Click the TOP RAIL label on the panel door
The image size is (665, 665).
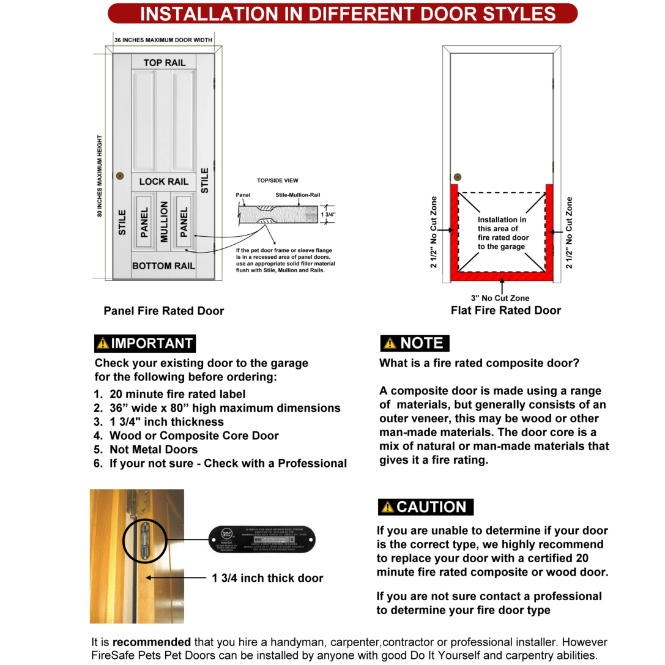164,62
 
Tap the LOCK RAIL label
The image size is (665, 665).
163,182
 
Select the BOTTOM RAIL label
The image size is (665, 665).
163,266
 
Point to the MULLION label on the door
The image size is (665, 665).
164,222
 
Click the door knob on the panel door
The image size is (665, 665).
120,175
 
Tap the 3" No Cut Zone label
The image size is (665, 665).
500,298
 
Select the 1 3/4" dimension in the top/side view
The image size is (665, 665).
329,215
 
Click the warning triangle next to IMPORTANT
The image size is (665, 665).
103,344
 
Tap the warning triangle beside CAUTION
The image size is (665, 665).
387,507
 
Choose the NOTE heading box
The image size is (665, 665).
414,343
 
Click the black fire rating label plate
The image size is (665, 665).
262,539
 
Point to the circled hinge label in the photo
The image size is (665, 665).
145,540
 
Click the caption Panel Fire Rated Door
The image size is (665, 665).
163,311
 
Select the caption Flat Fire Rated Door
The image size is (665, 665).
505,310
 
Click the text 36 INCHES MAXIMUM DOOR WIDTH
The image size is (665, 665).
163,40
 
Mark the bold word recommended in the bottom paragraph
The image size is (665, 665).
151,642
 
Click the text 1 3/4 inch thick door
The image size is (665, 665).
267,578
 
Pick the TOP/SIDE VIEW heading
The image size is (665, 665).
277,180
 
